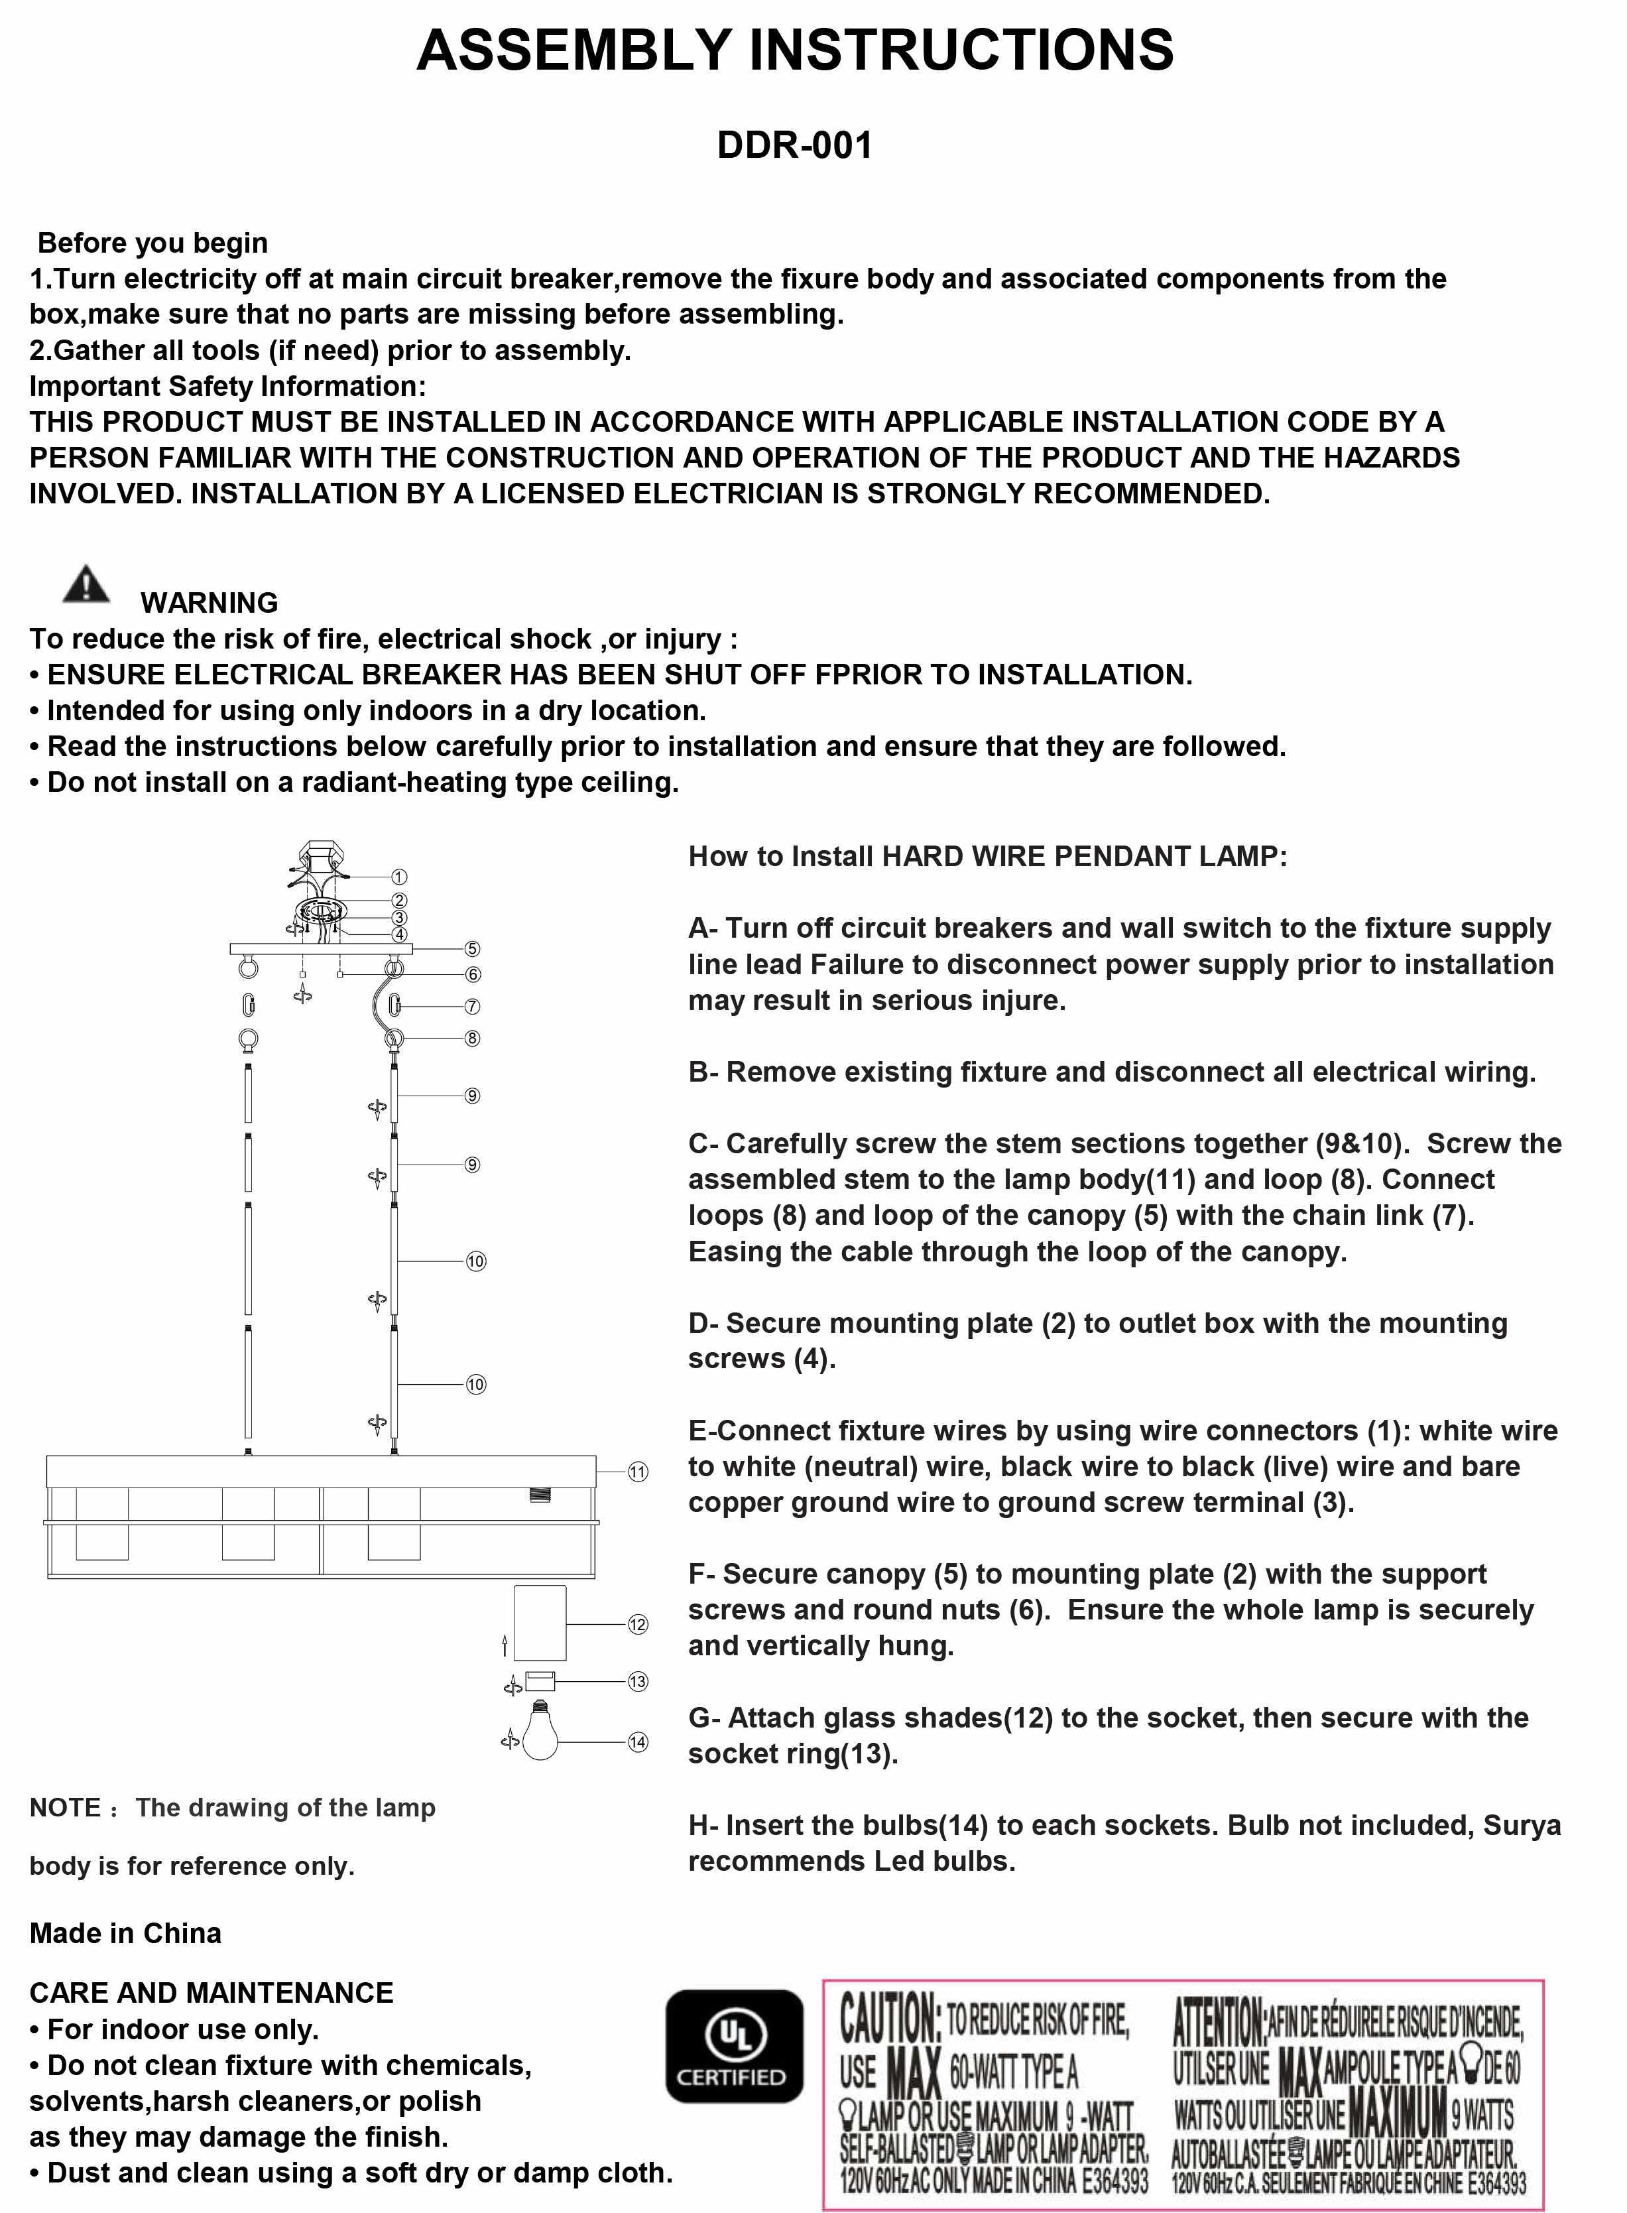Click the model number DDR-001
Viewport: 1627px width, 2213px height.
coord(795,146)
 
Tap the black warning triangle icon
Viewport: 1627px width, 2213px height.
coord(87,585)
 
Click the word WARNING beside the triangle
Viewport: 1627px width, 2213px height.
coord(209,603)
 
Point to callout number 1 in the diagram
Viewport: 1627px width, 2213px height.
coord(399,877)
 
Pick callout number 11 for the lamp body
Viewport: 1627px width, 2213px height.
coord(638,1472)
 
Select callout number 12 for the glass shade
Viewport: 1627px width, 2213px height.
coord(638,1624)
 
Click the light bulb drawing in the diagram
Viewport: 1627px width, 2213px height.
coord(540,1734)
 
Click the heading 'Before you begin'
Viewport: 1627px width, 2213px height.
coord(152,243)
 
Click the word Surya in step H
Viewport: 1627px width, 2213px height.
coord(1522,1825)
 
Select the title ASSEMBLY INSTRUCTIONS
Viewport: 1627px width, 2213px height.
coord(795,50)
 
